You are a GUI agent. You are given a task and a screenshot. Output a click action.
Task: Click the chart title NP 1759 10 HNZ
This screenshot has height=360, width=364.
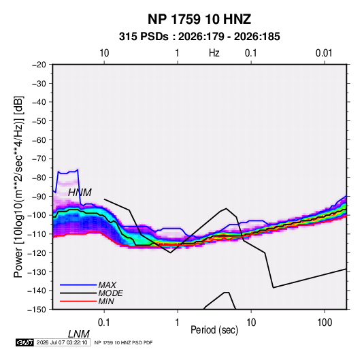pos(199,19)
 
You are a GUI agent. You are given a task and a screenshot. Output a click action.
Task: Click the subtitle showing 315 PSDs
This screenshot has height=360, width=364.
pos(199,37)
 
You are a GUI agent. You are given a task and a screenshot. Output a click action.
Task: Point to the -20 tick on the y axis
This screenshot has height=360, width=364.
pos(39,65)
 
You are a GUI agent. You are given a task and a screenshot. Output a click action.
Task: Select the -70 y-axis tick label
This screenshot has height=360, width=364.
pos(39,159)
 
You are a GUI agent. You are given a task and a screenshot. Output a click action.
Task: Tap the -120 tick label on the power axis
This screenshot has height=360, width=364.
pos(37,252)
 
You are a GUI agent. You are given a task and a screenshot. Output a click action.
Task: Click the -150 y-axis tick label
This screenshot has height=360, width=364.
pos(37,310)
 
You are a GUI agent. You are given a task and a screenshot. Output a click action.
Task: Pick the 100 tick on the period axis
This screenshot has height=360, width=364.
pos(325,323)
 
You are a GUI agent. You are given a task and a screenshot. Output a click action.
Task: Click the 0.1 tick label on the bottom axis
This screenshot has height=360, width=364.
pos(104,323)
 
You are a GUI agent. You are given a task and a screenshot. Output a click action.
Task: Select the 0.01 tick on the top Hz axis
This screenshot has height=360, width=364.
pos(324,53)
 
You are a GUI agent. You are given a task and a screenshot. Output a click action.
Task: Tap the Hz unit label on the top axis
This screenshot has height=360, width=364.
pos(214,53)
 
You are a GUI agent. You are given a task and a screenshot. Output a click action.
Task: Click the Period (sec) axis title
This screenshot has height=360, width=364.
pos(214,330)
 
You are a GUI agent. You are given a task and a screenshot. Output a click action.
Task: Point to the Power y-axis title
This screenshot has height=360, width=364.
pos(18,186)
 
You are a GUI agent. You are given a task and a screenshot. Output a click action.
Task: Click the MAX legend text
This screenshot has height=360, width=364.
pos(107,284)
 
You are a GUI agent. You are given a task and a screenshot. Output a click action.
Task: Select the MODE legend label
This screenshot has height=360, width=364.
pos(110,293)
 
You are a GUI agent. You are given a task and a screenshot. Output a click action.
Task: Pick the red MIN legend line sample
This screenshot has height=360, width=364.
pos(78,301)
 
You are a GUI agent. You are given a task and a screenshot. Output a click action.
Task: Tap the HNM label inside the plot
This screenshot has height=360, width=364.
pos(80,193)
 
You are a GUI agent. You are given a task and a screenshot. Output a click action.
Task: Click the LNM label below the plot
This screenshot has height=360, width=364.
pos(78,334)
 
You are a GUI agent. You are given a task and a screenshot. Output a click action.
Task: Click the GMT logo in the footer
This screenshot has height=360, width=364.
pos(24,342)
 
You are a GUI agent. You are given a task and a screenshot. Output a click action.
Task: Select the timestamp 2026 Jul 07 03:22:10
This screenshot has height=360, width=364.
pos(62,342)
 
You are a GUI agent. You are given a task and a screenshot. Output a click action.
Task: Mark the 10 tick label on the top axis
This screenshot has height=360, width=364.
pos(104,53)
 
